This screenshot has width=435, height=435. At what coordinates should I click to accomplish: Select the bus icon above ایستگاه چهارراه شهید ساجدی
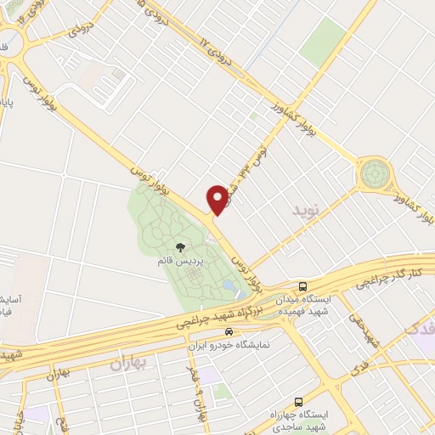(297, 401)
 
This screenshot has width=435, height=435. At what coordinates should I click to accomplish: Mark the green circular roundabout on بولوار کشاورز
(372, 175)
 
